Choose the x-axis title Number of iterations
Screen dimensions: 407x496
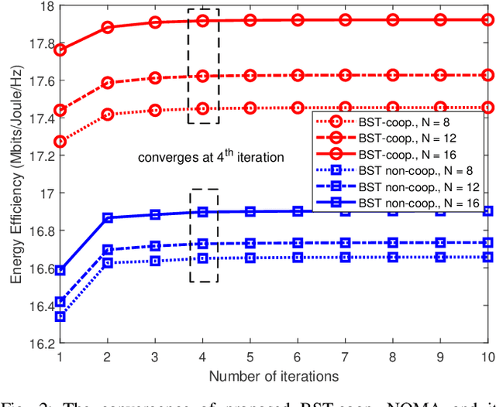(x=274, y=376)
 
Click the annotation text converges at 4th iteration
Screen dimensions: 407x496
(x=211, y=157)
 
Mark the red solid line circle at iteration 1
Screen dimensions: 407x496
(x=60, y=50)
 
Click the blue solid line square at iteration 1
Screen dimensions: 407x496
(x=60, y=270)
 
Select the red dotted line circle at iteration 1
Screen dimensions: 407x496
(x=60, y=142)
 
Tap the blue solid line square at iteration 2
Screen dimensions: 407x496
(x=107, y=218)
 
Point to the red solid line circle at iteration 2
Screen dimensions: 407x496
(x=107, y=27)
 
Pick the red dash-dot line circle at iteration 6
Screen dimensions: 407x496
(x=298, y=75)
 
